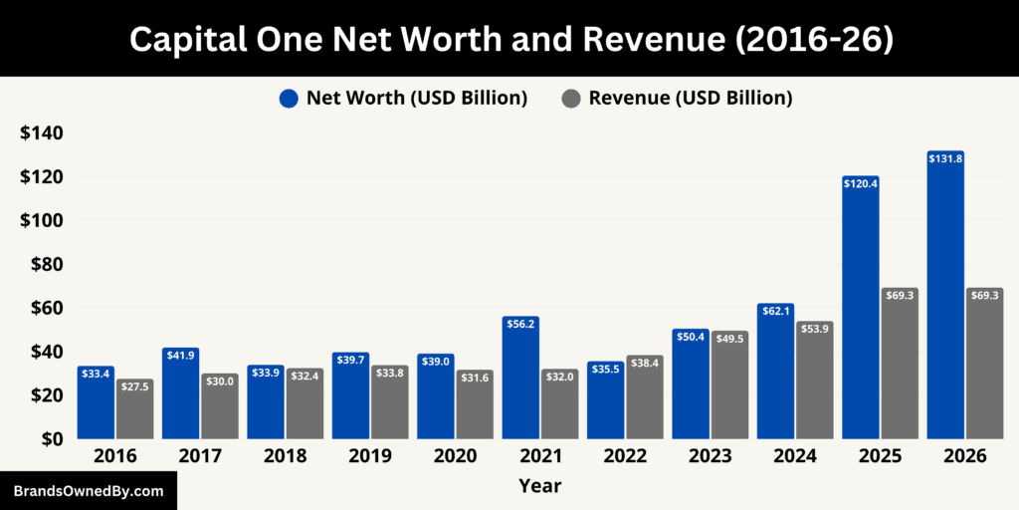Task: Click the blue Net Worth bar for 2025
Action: coord(861,309)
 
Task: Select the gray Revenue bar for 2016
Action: coord(135,409)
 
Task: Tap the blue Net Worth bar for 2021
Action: coord(520,378)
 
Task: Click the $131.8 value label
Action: coord(945,158)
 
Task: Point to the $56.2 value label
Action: coord(520,324)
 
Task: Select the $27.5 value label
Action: coord(135,386)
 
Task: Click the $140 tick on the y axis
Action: coord(41,133)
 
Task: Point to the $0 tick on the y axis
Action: coord(50,438)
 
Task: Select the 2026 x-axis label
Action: coord(964,456)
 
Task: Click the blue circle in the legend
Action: coord(289,98)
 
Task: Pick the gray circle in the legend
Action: coord(571,98)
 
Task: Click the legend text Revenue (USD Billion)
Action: coord(691,98)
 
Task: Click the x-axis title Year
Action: coord(539,486)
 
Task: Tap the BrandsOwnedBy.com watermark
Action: coord(89,491)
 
